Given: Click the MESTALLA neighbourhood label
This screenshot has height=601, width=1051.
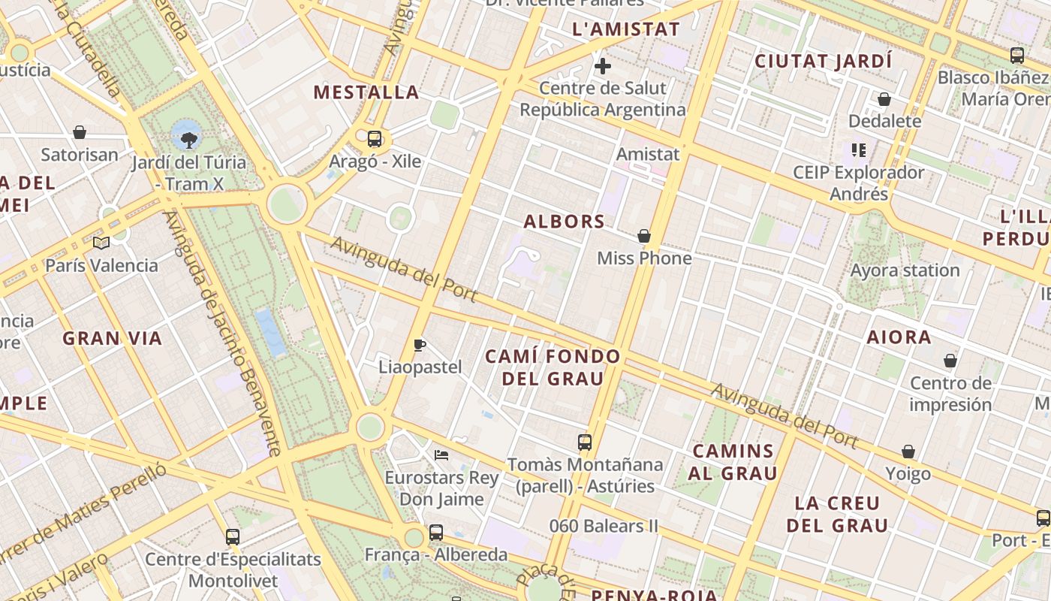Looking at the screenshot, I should [366, 92].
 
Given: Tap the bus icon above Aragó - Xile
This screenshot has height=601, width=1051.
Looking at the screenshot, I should [375, 139].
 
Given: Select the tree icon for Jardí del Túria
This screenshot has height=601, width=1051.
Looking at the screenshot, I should [189, 138].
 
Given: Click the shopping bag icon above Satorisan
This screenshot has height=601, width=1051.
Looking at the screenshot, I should [80, 133].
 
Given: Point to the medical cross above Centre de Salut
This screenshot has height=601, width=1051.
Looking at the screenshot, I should [602, 66].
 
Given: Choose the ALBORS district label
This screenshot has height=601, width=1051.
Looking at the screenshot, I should [564, 222].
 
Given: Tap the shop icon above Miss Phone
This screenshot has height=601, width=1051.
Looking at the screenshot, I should [643, 236].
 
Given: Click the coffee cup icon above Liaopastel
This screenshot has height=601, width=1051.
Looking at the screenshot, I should [420, 346].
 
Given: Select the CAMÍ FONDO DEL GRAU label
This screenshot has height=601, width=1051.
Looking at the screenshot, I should [553, 367].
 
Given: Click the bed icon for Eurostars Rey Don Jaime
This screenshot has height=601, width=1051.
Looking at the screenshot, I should [441, 455].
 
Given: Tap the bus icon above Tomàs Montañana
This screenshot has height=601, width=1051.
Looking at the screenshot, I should [585, 442].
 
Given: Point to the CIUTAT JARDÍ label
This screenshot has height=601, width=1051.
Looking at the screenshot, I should [823, 62].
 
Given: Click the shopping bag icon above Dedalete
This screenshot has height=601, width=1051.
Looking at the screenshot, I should [884, 99].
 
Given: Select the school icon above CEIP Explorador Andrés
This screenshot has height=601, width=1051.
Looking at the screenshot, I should [859, 150].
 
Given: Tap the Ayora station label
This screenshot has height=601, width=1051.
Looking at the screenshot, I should [905, 270].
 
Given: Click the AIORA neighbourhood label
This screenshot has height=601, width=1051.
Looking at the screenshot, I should [899, 337].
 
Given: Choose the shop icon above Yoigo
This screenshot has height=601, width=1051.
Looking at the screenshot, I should [908, 452].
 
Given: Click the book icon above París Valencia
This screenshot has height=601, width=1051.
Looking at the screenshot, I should [101, 243].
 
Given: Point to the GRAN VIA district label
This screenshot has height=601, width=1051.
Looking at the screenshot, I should [113, 339].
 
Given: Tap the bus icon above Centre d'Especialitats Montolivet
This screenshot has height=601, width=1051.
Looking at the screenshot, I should [233, 537].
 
